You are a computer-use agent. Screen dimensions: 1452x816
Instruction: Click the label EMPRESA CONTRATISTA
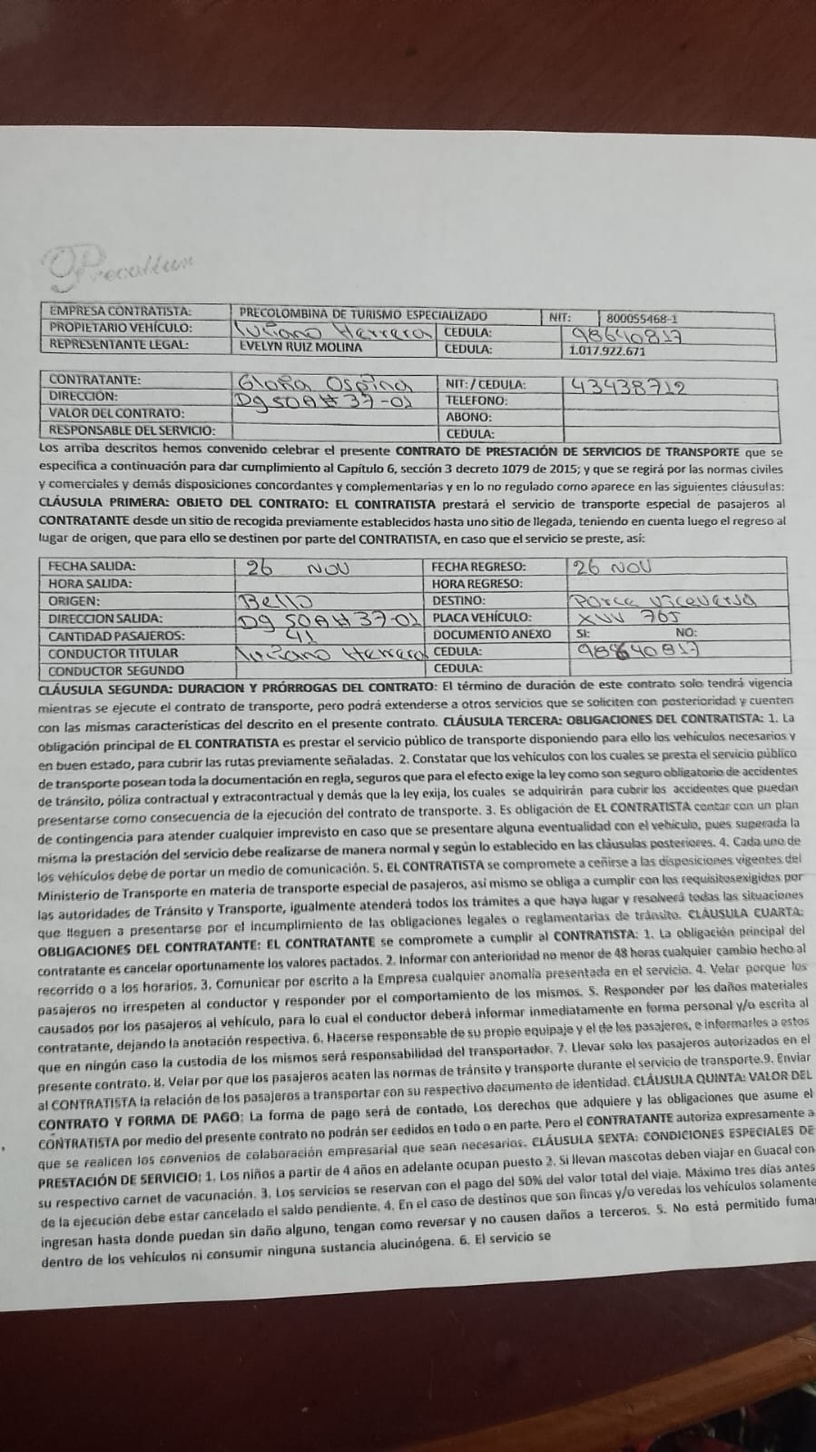click(121, 311)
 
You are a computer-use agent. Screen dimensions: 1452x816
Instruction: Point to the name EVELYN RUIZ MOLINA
click(300, 347)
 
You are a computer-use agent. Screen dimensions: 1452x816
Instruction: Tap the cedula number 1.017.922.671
click(607, 351)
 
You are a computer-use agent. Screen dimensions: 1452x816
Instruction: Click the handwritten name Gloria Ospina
click(308, 382)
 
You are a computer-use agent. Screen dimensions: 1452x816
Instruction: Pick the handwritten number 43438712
click(627, 386)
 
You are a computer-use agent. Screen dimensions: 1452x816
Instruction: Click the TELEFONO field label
click(477, 400)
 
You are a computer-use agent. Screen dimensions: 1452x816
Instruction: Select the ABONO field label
click(469, 417)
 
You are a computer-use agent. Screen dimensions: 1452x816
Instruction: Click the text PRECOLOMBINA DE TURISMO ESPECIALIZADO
click(363, 314)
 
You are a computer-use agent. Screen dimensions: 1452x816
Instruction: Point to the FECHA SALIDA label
click(91, 566)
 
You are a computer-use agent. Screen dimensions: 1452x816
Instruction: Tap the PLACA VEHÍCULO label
click(481, 617)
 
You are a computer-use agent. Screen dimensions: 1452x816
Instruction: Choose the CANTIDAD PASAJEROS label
click(116, 636)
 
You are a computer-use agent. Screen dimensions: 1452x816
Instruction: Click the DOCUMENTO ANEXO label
click(492, 634)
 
